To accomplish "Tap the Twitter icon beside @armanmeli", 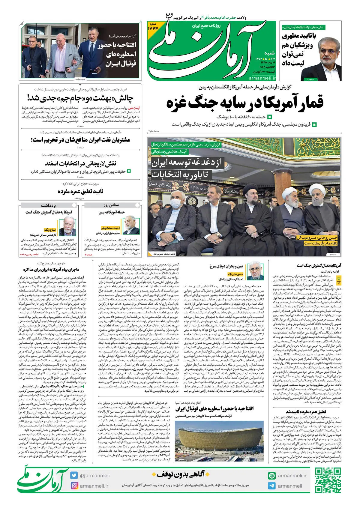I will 74,475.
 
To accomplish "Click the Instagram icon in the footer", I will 74,486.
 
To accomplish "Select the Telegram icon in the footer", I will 272,486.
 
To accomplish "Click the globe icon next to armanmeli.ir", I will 272,476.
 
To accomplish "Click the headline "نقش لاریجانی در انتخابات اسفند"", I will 80,164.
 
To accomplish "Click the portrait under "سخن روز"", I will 131,225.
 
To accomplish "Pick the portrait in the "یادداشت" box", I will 67,225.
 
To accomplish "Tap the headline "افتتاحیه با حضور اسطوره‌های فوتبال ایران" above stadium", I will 214,409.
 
